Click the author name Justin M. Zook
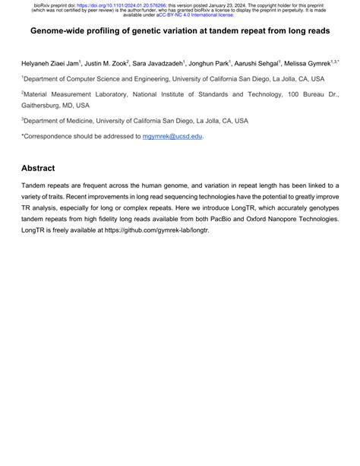(x=107, y=64)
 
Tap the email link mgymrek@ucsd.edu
(x=172, y=136)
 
